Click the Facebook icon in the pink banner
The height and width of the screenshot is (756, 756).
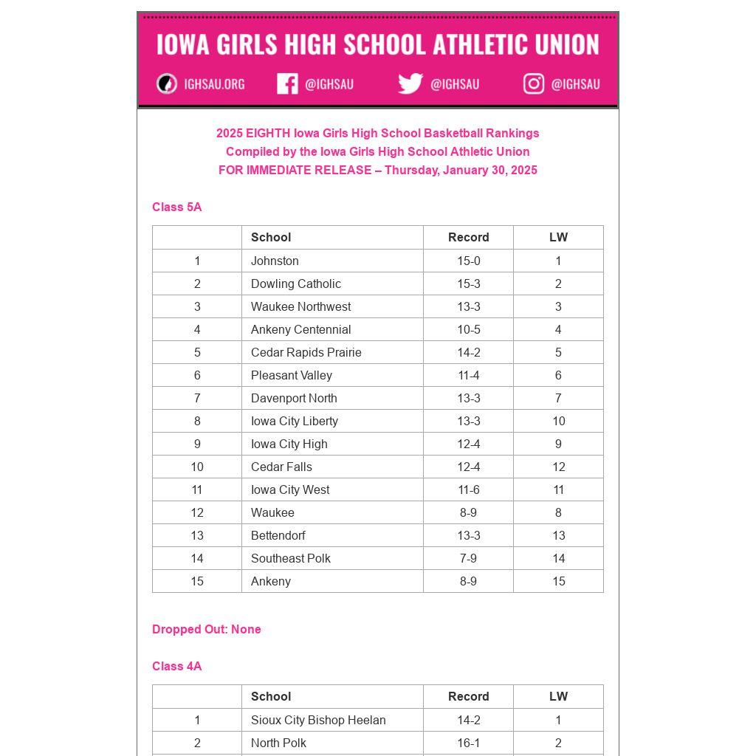(x=287, y=84)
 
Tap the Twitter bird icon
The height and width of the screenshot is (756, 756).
(x=410, y=83)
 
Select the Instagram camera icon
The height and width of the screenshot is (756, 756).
(x=534, y=84)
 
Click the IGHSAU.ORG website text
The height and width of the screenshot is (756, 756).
(x=214, y=84)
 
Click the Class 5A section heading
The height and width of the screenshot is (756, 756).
(x=177, y=207)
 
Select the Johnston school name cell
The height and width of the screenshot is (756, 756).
(x=275, y=261)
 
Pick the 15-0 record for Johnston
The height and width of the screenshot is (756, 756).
(x=469, y=261)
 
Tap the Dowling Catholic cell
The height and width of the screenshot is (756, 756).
(x=296, y=283)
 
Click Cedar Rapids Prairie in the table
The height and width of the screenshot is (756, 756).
(x=306, y=352)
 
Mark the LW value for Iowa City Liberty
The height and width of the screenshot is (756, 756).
(x=558, y=421)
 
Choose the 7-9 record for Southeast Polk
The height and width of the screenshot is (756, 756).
(x=469, y=558)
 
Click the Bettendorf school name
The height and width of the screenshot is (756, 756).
(x=278, y=535)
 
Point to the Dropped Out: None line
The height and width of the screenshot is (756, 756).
(x=207, y=630)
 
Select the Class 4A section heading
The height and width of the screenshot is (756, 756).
(x=177, y=667)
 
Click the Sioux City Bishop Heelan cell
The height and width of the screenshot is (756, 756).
(x=318, y=720)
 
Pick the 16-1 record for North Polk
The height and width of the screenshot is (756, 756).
(x=469, y=743)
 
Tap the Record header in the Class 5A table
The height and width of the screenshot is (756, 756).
(x=469, y=237)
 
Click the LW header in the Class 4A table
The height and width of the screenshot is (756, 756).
(x=558, y=696)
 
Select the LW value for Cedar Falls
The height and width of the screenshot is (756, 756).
(x=558, y=467)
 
